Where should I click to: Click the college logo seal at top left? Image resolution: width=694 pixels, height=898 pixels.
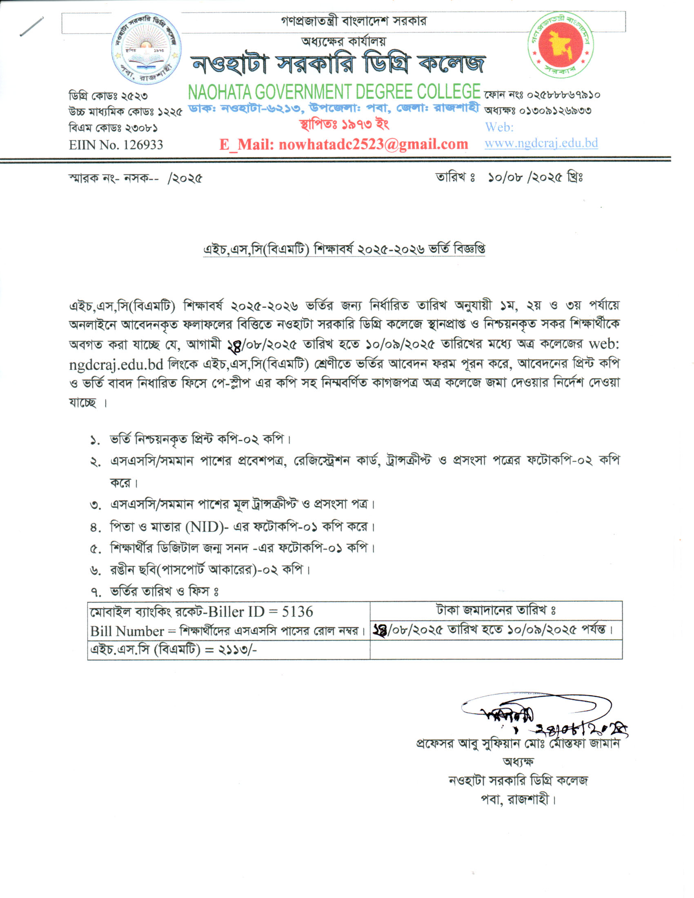(146, 49)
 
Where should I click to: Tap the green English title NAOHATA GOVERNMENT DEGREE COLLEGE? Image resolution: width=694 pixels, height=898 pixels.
(334, 92)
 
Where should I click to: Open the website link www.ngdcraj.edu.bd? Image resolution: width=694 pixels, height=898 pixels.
(541, 143)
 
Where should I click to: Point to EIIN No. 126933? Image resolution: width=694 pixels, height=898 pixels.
(116, 145)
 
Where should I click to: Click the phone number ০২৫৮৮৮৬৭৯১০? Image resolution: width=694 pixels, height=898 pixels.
(564, 95)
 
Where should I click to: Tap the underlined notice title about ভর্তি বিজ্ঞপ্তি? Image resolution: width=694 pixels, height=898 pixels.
(344, 249)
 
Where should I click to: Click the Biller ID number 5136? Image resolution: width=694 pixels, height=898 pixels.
(297, 612)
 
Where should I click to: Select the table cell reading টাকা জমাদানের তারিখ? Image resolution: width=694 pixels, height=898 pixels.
(496, 610)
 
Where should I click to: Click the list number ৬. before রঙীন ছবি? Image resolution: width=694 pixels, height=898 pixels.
(96, 570)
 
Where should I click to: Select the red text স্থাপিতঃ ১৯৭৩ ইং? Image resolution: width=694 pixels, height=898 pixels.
(344, 124)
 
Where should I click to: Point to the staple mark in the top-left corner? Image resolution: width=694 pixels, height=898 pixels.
(31, 27)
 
